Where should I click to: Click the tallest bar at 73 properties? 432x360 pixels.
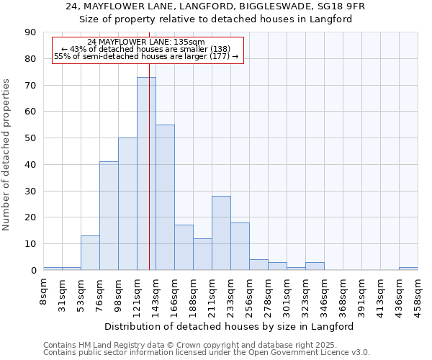[x=146, y=174]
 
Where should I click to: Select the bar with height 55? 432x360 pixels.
[x=165, y=197]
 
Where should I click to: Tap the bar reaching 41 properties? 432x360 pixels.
[x=109, y=216]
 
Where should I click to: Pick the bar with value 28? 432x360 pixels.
[x=221, y=233]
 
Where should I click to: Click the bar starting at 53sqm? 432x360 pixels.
[x=90, y=253]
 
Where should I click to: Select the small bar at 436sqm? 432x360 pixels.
[x=408, y=269]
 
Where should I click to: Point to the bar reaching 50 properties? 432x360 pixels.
[x=127, y=204]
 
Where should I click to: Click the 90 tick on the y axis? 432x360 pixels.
[x=31, y=32]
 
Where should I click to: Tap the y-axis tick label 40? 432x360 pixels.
[x=31, y=165]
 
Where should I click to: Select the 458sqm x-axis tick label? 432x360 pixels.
[x=418, y=294]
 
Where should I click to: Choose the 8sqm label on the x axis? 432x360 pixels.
[x=44, y=291]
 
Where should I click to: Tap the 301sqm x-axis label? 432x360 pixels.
[x=287, y=294]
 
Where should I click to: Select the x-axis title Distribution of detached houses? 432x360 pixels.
[x=230, y=326]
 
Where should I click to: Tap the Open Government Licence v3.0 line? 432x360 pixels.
[x=207, y=353]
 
